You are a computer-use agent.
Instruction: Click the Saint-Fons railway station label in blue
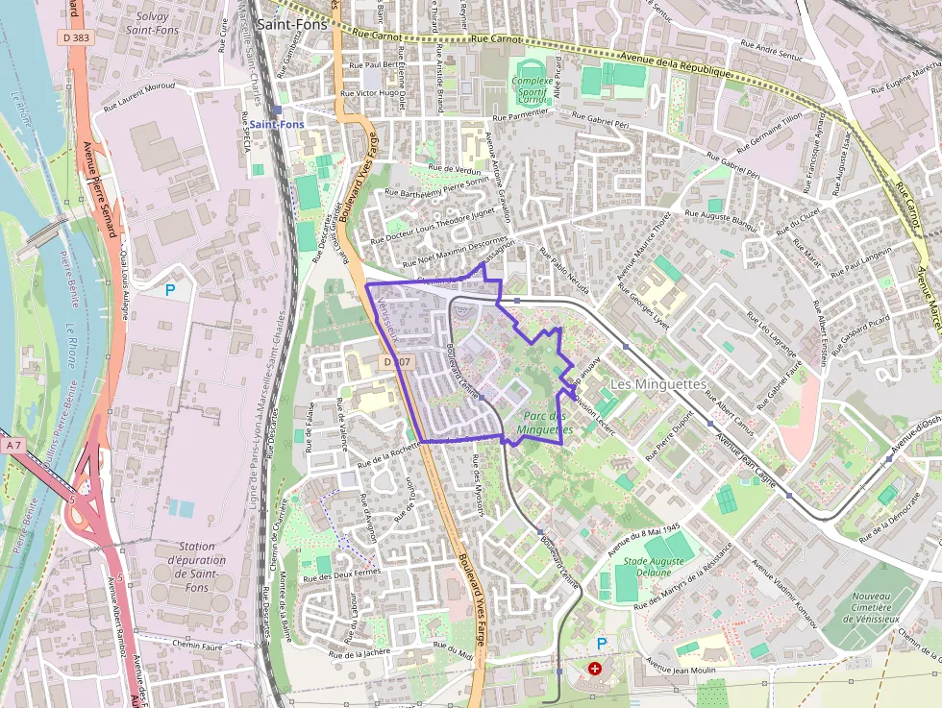(277, 125)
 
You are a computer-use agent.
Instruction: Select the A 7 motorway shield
(12, 446)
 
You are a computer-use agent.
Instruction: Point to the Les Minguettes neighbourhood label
(658, 384)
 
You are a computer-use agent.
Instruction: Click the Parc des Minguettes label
(545, 424)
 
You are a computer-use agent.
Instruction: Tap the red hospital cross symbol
(595, 668)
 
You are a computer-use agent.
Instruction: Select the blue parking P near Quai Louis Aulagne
(170, 289)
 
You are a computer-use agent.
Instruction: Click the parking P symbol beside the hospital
(602, 643)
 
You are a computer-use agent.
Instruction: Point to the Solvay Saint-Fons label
(152, 23)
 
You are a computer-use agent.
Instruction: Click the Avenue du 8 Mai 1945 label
(644, 541)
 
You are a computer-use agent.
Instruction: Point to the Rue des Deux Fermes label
(341, 574)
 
